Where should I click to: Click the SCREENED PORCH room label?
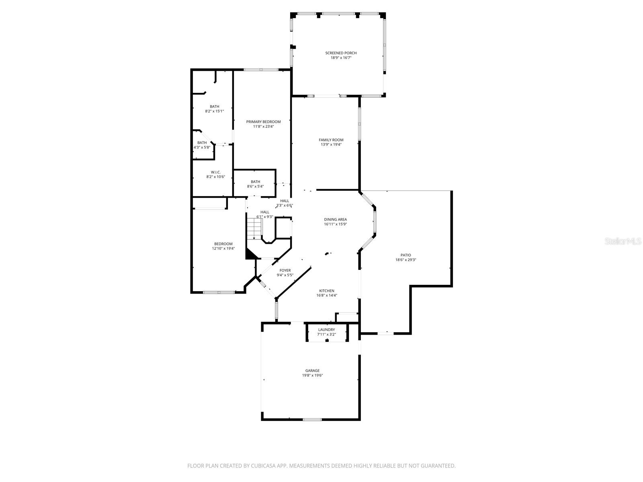341,53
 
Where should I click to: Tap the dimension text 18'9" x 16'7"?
341,58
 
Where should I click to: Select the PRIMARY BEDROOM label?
263,122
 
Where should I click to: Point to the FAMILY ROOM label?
331,140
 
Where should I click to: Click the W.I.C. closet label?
216,172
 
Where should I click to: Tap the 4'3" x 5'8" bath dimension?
202,147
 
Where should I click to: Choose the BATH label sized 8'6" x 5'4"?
255,182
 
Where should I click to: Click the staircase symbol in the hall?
254,228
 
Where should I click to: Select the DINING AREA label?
335,219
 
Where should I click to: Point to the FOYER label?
285,270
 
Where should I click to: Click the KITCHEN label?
327,291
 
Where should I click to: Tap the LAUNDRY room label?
326,329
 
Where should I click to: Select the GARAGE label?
312,371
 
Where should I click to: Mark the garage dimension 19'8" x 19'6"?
312,376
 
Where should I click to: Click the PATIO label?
405,255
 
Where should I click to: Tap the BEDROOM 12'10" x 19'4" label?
223,244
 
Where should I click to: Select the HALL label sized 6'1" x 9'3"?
265,212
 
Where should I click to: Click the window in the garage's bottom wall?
312,420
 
